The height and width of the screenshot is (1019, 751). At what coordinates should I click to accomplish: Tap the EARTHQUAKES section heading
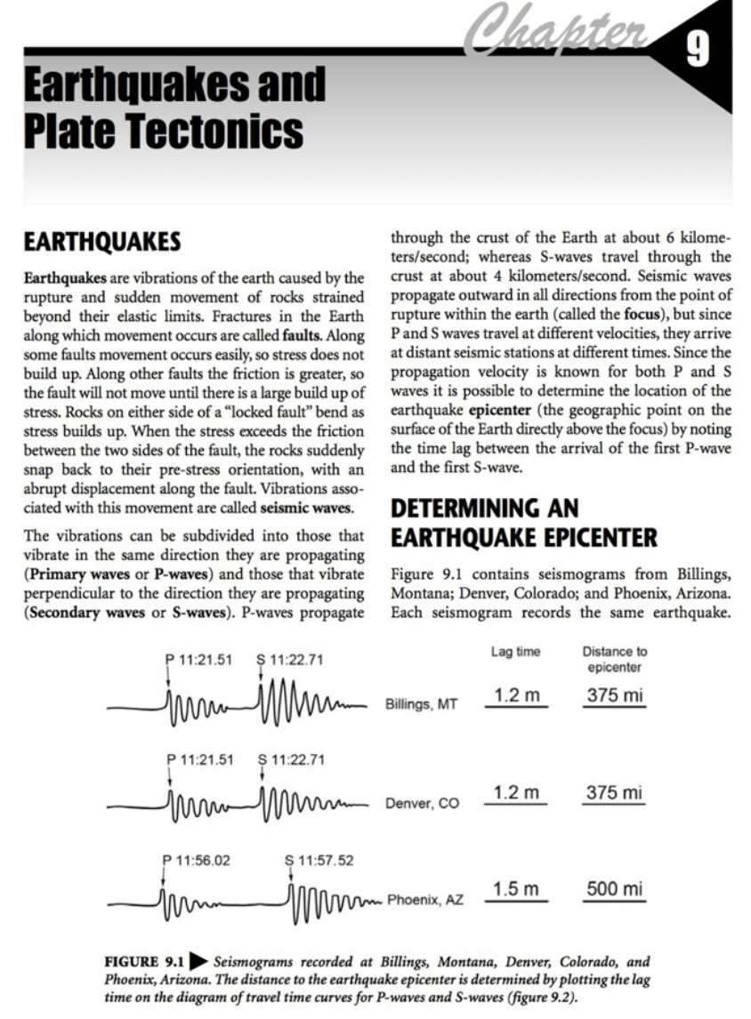pyautogui.click(x=102, y=242)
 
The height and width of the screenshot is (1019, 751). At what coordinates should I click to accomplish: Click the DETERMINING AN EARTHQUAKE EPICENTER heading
pyautogui.click(x=524, y=523)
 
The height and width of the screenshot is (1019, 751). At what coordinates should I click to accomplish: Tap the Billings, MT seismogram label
pyautogui.click(x=421, y=704)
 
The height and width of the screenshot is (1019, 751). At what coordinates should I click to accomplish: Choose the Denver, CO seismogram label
pyautogui.click(x=422, y=804)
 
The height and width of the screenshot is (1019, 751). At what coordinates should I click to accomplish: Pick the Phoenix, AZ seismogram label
pyautogui.click(x=425, y=900)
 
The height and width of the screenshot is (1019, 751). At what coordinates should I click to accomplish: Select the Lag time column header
pyautogui.click(x=515, y=653)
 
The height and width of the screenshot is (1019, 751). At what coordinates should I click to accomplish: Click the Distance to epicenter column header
pyautogui.click(x=614, y=660)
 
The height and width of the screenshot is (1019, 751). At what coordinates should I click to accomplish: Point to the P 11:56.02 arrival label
pyautogui.click(x=197, y=860)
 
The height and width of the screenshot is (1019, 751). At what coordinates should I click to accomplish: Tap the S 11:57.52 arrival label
pyautogui.click(x=319, y=860)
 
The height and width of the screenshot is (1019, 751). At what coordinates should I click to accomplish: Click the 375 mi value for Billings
pyautogui.click(x=614, y=695)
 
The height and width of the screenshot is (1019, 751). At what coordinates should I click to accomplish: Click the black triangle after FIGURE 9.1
pyautogui.click(x=198, y=962)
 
